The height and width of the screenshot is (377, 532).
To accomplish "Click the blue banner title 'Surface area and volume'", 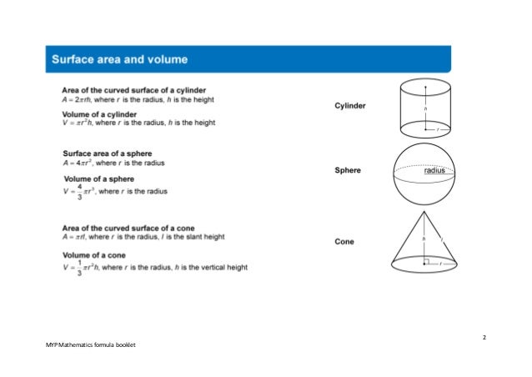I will pyautogui.click(x=120, y=60).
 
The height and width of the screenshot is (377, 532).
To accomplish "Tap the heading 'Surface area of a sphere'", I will pyautogui.click(x=109, y=153).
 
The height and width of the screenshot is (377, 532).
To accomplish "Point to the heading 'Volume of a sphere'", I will pyautogui.click(x=99, y=179).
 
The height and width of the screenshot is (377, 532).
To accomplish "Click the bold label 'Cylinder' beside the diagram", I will pyautogui.click(x=351, y=107).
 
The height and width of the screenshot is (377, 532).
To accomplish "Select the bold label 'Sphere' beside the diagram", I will pyautogui.click(x=348, y=171).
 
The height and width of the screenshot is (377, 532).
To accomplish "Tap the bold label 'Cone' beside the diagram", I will pyautogui.click(x=344, y=242).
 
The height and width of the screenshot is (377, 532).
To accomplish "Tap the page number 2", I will pyautogui.click(x=484, y=336).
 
